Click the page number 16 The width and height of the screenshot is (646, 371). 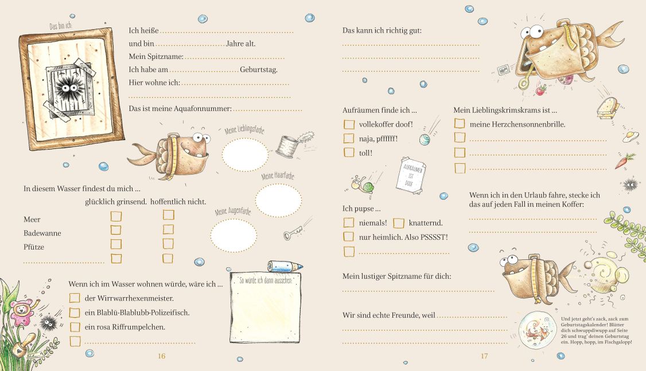(162, 356)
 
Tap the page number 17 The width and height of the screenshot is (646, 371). (484, 356)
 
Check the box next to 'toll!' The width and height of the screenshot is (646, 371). (349, 153)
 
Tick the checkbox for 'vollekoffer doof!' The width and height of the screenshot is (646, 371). (349, 124)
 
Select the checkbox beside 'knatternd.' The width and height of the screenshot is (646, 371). (398, 223)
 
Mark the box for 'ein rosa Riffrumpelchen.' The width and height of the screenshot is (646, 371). (75, 327)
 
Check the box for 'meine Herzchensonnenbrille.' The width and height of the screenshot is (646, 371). (460, 124)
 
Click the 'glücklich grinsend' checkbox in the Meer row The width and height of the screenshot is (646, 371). (116, 216)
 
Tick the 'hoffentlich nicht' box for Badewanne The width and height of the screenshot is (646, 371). (168, 229)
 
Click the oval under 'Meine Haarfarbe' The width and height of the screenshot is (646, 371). (278, 200)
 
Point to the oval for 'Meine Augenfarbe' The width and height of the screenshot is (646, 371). (234, 235)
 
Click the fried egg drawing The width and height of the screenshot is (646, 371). (631, 137)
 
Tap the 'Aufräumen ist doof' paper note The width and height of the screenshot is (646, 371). (411, 176)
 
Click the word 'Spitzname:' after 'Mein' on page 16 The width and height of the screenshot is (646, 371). (165, 56)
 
